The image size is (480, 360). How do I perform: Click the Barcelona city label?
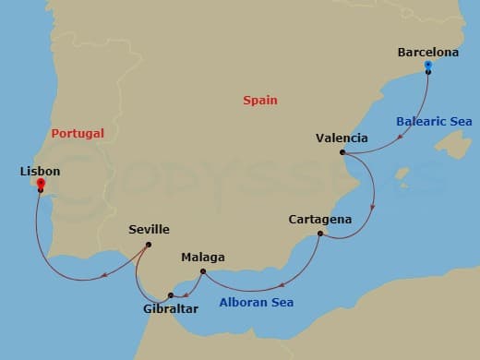click(x=427, y=53)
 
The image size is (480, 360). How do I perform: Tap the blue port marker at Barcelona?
click(x=428, y=66)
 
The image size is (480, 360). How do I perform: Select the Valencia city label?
click(x=342, y=138)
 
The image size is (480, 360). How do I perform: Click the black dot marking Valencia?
click(x=342, y=152)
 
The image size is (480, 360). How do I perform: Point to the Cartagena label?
click(x=319, y=220)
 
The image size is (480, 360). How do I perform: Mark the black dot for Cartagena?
click(x=319, y=234)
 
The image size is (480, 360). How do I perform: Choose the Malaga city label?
click(x=203, y=258)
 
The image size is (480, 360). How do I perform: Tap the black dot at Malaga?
click(x=203, y=270)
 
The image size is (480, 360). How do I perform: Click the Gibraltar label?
click(x=171, y=308)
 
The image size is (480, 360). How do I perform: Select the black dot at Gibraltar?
click(x=171, y=295)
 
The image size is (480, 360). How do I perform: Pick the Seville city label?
click(x=150, y=230)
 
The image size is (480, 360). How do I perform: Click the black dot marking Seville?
click(x=149, y=244)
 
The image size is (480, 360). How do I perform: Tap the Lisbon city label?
click(x=40, y=172)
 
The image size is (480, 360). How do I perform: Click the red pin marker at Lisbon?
click(x=41, y=184)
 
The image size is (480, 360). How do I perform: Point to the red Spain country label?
click(x=260, y=101)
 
